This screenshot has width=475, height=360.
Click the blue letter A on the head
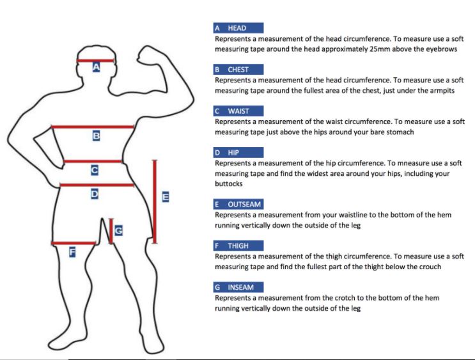tap(96, 67)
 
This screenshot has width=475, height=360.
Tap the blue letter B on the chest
tap(96, 136)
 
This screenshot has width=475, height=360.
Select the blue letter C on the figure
tap(95, 170)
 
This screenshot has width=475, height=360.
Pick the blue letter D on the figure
tap(95, 194)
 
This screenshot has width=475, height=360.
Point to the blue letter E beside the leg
tap(166, 197)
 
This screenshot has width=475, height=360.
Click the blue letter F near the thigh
tap(72, 252)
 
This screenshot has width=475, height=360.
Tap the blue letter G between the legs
tap(118, 231)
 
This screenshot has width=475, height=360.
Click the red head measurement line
tap(95, 61)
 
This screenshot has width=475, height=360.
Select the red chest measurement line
tap(93, 127)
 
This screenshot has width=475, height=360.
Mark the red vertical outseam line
tap(155, 201)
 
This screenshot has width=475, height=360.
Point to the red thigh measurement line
tap(74, 243)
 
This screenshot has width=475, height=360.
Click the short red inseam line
tap(111, 231)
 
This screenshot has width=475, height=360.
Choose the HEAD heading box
tap(238, 28)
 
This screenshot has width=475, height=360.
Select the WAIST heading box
tap(238, 111)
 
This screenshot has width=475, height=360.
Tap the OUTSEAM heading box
tap(238, 204)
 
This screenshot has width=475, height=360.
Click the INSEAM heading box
tap(238, 287)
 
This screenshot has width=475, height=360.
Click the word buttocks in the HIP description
tap(229, 184)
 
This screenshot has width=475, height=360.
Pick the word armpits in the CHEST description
tap(442, 91)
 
